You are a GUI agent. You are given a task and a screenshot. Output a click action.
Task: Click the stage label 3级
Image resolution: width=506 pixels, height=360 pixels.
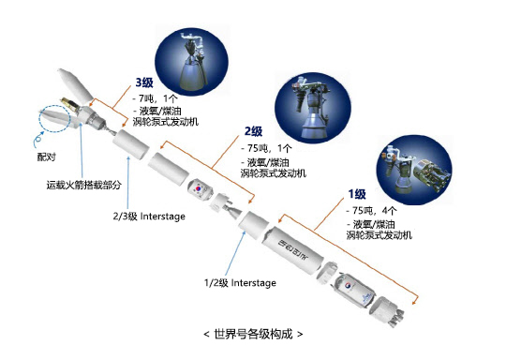point(144,82)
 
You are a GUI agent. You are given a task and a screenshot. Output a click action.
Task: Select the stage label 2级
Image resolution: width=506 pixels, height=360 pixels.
point(253,131)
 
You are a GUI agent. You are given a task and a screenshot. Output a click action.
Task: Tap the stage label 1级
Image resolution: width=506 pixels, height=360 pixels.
point(357,194)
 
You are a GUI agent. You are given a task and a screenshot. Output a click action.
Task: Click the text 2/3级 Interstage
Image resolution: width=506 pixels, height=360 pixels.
point(149,216)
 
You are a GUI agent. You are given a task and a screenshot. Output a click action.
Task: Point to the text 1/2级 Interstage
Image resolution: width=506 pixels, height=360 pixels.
point(240,283)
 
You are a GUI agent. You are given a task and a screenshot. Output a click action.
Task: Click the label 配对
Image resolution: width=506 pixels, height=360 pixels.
point(47,157)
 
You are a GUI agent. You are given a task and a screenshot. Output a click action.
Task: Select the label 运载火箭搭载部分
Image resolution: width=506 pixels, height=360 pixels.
point(84,185)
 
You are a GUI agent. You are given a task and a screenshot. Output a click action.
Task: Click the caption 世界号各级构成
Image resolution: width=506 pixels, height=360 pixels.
point(253,334)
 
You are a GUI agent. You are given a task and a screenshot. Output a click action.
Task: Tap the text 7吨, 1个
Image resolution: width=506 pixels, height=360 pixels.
point(156,98)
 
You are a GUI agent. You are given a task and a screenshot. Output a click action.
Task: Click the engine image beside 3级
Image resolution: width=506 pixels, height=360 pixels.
point(192,62)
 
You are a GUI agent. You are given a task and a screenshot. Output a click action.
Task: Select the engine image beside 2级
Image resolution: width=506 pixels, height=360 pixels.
point(313,108)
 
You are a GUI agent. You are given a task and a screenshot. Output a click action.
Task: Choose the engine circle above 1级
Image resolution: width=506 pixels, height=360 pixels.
point(414,170)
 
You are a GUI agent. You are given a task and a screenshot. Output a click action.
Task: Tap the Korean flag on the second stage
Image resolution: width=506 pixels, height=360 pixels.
point(199,187)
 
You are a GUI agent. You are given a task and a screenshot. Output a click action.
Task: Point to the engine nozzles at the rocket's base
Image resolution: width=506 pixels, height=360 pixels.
point(395,318)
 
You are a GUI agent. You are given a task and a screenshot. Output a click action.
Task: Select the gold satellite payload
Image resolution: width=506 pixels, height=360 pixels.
point(70,104)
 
